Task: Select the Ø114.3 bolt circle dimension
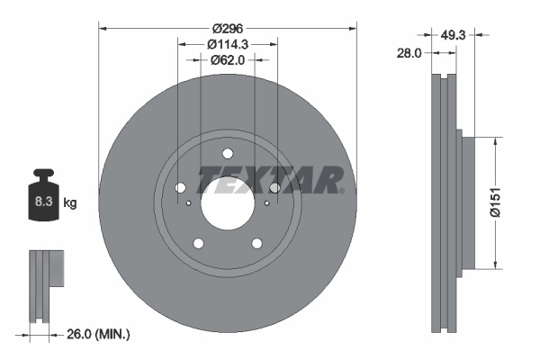click(228, 43)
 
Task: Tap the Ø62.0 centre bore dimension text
click(229, 61)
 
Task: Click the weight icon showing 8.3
click(43, 200)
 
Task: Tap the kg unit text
click(70, 203)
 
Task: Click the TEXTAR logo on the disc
click(270, 179)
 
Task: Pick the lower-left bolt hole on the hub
click(199, 242)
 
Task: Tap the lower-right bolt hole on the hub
click(256, 242)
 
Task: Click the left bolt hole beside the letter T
click(180, 187)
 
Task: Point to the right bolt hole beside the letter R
click(274, 187)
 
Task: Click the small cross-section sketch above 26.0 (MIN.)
click(46, 284)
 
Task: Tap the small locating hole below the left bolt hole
click(188, 203)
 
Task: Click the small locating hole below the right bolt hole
click(267, 203)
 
